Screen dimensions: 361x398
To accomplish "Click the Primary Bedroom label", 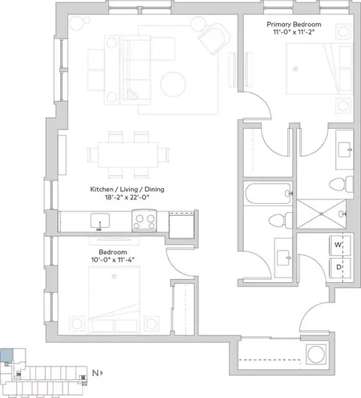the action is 294,24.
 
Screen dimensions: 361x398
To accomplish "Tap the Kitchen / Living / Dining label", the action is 127,190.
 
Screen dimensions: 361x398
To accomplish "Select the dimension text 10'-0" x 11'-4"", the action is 113,260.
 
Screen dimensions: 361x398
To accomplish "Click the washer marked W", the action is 340,245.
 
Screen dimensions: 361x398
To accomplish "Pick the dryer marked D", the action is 340,268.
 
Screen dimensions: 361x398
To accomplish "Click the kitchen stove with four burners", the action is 144,220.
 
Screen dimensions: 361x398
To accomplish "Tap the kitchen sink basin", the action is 100,220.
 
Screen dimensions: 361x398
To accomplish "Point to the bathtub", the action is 268,193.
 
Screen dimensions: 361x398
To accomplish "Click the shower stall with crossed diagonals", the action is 321,214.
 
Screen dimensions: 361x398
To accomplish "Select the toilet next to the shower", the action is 341,184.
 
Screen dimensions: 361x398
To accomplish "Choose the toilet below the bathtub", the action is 281,220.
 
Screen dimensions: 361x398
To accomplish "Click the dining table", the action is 128,155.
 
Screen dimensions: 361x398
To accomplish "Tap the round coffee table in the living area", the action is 173,84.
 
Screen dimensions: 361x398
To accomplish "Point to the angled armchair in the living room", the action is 214,38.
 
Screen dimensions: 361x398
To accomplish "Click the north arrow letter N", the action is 95,373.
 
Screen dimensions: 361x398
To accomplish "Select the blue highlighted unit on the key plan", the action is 7,355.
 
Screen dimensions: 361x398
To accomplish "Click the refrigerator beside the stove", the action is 182,225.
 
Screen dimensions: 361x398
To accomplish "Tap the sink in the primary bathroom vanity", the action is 345,150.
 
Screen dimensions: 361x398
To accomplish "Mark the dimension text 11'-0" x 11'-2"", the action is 294,32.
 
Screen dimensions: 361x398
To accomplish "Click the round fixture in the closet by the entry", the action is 316,354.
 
